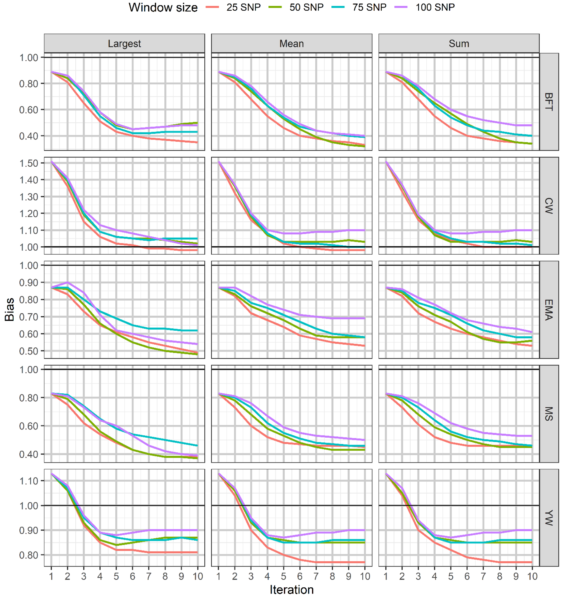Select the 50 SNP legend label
[306, 7]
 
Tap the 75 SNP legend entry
[369, 7]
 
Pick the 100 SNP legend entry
[435, 7]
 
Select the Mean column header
[292, 44]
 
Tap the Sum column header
[459, 44]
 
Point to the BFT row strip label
[549, 102]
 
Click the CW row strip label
[549, 206]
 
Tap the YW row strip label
[549, 518]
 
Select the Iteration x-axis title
[292, 590]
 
